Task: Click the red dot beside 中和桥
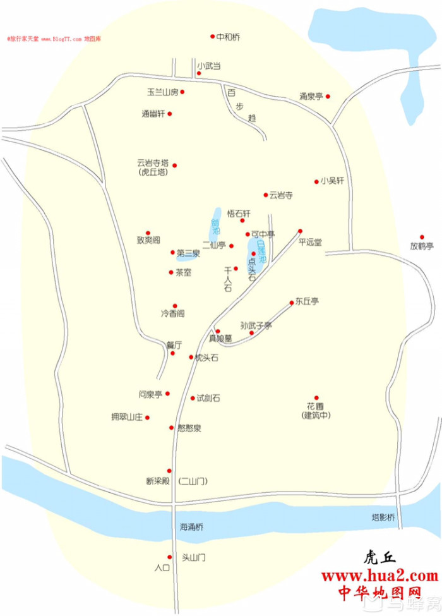click(x=213, y=37)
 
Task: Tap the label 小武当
click(x=209, y=65)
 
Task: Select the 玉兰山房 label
click(x=163, y=92)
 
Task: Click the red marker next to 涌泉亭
click(x=328, y=97)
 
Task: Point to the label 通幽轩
click(x=153, y=114)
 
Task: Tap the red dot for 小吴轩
click(x=317, y=181)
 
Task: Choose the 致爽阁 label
click(x=148, y=241)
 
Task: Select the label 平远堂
click(x=310, y=241)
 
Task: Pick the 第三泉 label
click(x=188, y=253)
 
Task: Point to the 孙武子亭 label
click(x=256, y=325)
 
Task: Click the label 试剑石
click(x=208, y=398)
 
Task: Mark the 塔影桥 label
click(x=383, y=517)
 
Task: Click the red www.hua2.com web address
click(x=379, y=576)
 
